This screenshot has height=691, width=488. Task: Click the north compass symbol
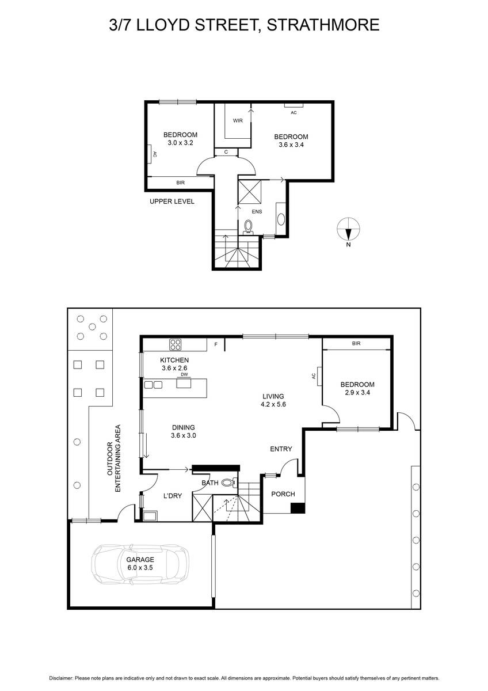348,229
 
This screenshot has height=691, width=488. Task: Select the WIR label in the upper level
238,120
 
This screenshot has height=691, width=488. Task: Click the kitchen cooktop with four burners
176,344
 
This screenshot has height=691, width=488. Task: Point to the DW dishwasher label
184,375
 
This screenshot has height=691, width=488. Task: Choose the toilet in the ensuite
248,226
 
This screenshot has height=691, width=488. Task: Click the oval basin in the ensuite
281,219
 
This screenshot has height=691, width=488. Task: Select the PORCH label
283,494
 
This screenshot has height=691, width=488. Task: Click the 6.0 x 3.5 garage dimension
140,568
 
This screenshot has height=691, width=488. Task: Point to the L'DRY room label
172,496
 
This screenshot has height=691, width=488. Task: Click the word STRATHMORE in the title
323,25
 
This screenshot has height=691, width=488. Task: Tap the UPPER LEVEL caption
171,202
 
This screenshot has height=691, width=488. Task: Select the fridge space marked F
216,344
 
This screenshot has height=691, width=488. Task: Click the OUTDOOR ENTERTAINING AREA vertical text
114,458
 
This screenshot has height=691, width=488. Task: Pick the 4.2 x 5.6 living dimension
273,404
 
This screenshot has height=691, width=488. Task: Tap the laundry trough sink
150,516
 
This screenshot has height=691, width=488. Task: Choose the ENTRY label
281,449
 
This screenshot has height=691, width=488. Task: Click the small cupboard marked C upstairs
226,152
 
